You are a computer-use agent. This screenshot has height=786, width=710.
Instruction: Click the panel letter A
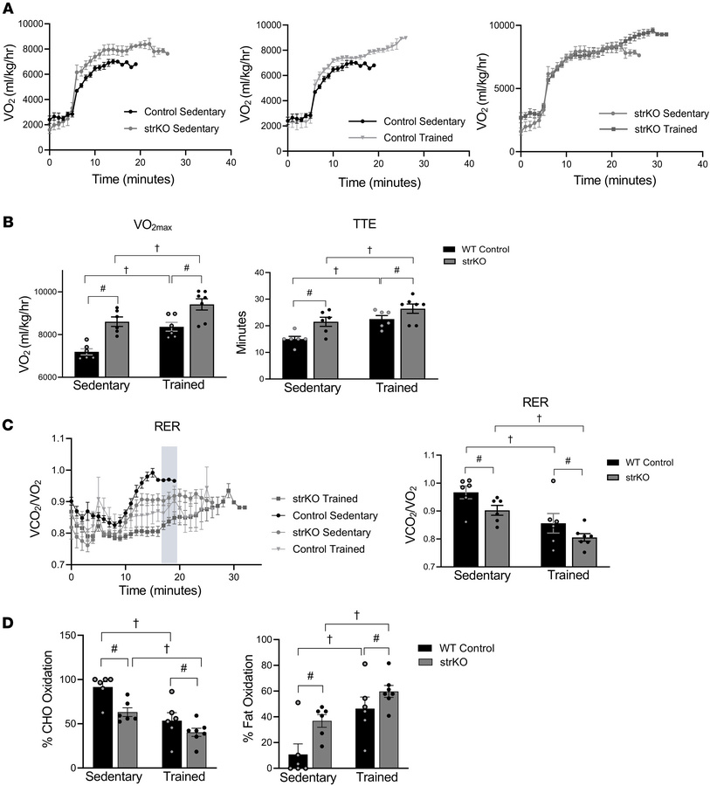click(8, 8)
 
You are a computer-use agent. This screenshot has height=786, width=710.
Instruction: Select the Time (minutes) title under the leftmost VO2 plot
click(135, 179)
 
